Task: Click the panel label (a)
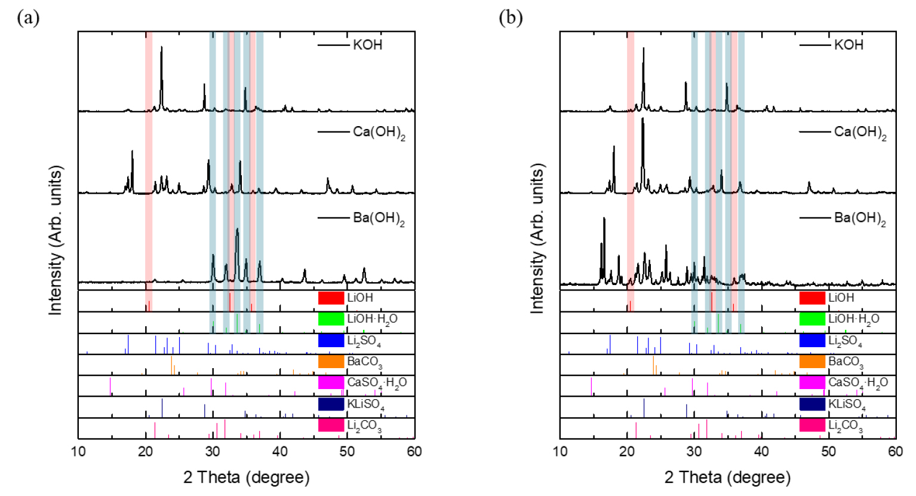[28, 18]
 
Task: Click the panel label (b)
[511, 18]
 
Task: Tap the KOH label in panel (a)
[367, 45]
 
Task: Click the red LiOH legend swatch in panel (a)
[331, 298]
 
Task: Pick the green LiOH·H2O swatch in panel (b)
[812, 319]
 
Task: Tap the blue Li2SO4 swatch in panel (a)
[331, 340]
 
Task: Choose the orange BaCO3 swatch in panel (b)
[812, 361]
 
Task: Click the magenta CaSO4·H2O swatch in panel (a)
[331, 382]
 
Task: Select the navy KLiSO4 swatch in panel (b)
[812, 404]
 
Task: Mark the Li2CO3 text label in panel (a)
[364, 425]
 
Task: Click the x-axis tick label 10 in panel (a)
[78, 452]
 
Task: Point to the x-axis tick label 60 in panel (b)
[895, 452]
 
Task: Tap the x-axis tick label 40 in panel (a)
[280, 452]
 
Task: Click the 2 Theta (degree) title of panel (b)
[727, 477]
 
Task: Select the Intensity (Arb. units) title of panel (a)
[56, 240]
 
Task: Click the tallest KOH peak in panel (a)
[161, 48]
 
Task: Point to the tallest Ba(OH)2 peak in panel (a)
[237, 229]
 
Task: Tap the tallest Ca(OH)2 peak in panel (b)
[643, 119]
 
